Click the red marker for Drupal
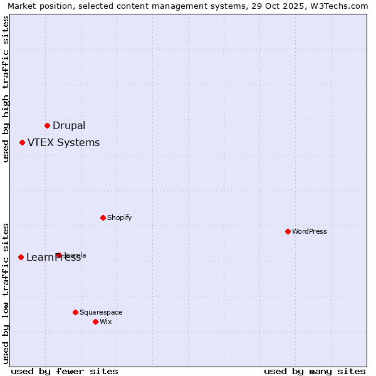[47, 125]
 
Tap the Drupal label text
[69, 126]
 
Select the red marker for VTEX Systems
[22, 142]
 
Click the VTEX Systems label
[63, 143]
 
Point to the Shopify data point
[103, 217]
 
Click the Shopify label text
[119, 218]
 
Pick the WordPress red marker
[288, 231]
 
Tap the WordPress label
[309, 232]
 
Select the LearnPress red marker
[21, 257]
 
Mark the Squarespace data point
[75, 312]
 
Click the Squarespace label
[101, 313]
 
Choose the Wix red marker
[95, 321]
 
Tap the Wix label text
[105, 322]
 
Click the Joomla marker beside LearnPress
[58, 255]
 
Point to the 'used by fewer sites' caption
[65, 371]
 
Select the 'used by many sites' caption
[315, 371]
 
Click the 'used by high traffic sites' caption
[6, 89]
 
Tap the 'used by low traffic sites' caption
[6, 293]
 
